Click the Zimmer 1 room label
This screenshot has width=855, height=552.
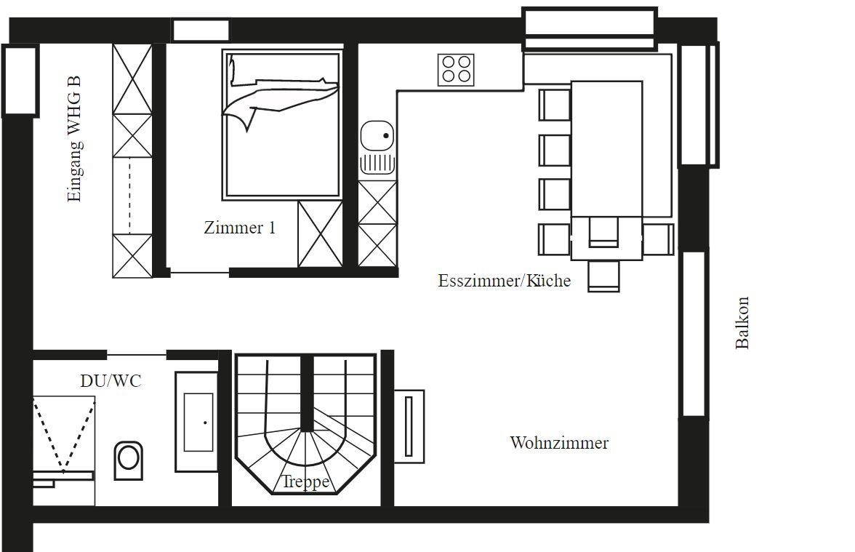coord(240,228)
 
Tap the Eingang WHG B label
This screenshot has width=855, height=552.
coord(74,138)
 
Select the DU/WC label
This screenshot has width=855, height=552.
coord(111,380)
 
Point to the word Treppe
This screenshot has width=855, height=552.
coord(305,481)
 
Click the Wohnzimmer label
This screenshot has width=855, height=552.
coord(559,442)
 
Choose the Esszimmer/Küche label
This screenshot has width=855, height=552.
coord(505,281)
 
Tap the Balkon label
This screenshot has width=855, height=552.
coord(742,322)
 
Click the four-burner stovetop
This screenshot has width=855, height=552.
coord(456,70)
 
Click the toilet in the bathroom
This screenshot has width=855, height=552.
coord(129,460)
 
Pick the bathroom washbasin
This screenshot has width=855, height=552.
coord(198,422)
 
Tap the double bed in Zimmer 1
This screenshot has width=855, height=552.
coord(281,125)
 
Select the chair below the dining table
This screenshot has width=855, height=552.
coord(603,276)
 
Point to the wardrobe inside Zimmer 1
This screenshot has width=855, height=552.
coord(320,234)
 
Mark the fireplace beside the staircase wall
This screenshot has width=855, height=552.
coord(409,426)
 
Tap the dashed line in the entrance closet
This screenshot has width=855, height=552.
coord(129,196)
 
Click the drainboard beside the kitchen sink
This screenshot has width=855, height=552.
coord(377,163)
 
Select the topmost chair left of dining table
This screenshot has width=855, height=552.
coord(555,105)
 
